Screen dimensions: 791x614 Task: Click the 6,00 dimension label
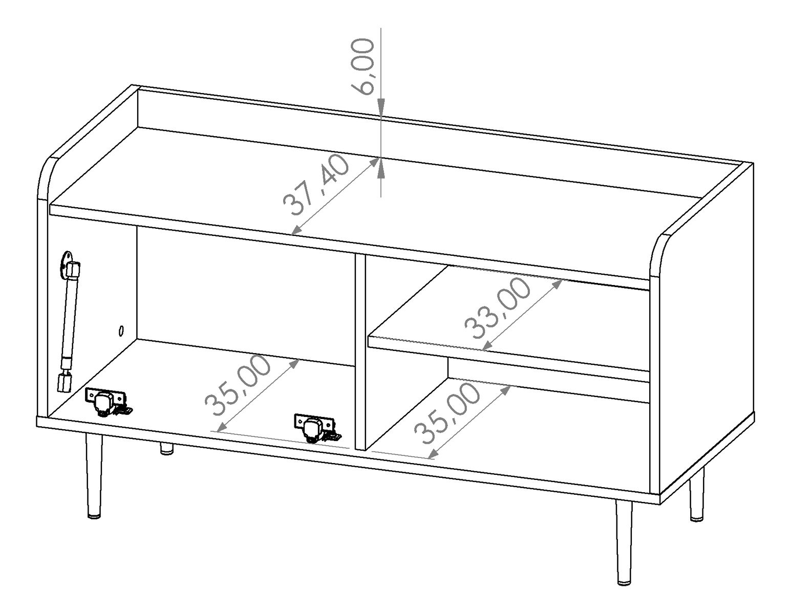[362, 67]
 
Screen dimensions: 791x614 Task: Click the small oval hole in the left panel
[121, 331]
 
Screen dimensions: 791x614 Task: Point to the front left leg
[94, 476]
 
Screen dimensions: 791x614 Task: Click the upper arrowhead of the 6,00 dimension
[381, 107]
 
